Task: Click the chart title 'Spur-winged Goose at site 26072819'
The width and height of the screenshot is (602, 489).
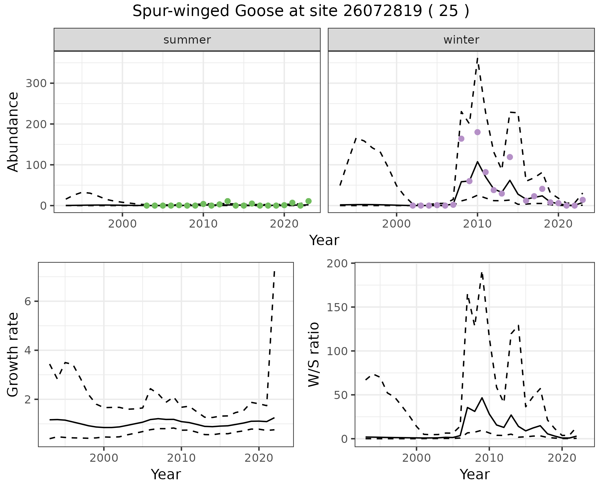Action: tap(300, 12)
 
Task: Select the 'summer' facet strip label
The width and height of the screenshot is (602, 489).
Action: tap(187, 40)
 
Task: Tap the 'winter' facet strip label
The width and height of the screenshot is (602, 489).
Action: tap(461, 40)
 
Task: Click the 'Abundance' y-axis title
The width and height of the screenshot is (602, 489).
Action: tap(13, 132)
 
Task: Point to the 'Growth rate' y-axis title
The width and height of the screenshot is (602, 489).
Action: tap(13, 355)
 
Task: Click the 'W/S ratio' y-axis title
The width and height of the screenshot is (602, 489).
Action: tap(314, 355)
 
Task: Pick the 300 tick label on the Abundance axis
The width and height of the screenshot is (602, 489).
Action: tap(36, 83)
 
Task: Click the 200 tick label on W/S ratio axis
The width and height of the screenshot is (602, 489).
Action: tap(337, 263)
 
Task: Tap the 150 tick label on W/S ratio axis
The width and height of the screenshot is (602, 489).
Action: tap(337, 307)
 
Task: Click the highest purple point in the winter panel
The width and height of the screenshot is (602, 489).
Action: tap(478, 132)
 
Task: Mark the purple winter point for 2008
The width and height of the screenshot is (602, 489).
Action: tap(461, 139)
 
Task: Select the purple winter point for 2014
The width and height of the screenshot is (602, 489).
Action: tap(510, 157)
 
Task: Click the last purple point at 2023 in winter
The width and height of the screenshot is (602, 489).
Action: tap(583, 200)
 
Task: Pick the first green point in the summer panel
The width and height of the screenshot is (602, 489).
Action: tap(146, 206)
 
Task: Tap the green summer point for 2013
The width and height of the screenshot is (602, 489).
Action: tap(228, 201)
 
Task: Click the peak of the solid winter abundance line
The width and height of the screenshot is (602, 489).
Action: tap(478, 162)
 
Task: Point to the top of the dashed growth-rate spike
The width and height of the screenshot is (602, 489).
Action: tap(274, 271)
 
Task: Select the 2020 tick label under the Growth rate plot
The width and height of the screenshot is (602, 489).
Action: tap(259, 458)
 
